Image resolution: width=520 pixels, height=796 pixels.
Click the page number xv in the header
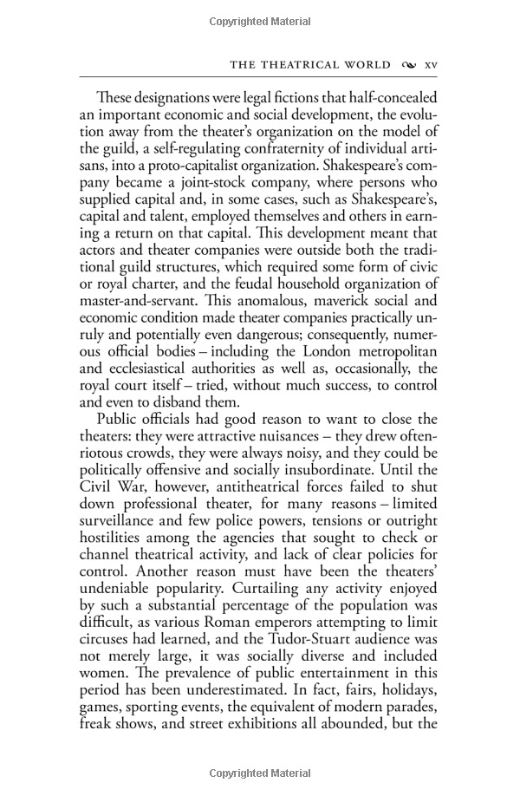coord(432,64)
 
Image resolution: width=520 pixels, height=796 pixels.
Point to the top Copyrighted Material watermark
coord(260,16)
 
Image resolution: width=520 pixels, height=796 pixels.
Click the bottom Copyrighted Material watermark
coord(260,773)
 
